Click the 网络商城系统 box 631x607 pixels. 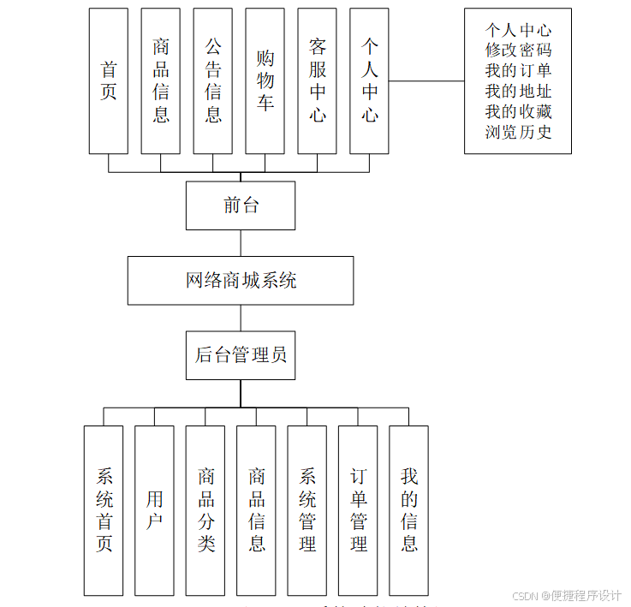pos(241,280)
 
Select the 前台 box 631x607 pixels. pos(241,205)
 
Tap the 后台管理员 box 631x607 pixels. pos(241,354)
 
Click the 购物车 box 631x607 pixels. pos(265,80)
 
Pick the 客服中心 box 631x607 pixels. pos(318,80)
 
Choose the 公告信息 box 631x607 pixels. pos(213,80)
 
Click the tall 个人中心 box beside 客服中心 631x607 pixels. pos(370,80)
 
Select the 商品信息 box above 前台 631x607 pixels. pos(161,80)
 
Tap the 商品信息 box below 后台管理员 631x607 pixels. pos(257,509)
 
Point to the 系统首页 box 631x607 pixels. pos(104,509)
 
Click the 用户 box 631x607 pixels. pos(155,509)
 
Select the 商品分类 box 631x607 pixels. pos(205,509)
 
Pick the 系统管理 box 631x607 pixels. pos(307,509)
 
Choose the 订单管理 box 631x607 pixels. pos(359,509)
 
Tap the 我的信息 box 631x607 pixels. pos(409,509)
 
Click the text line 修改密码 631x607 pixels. pos(518,50)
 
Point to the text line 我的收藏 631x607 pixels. pos(518,111)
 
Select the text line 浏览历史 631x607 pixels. pos(518,132)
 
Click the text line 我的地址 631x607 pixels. pos(518,91)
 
